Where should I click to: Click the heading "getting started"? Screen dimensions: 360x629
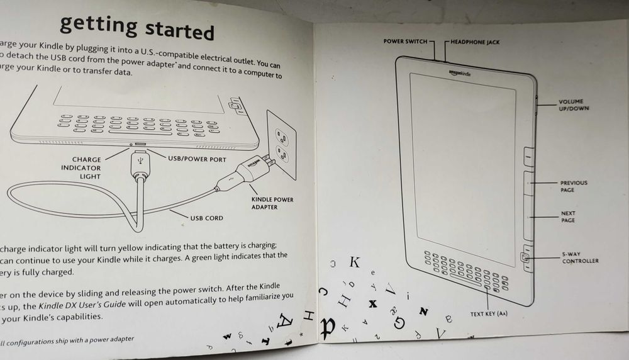[x=137, y=27]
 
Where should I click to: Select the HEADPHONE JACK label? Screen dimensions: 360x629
[x=476, y=42]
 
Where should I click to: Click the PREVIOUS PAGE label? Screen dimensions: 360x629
[x=573, y=186]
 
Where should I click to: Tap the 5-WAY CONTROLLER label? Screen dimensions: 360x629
[x=580, y=257]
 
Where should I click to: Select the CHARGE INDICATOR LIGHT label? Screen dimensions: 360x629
[x=81, y=168]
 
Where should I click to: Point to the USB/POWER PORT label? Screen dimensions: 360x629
[x=197, y=159]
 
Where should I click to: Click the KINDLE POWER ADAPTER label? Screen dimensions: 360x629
[x=272, y=203]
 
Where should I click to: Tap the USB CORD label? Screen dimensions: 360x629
[x=206, y=218]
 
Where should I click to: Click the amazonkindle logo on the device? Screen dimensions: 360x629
[x=460, y=73]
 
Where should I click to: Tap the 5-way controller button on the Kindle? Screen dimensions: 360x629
[x=523, y=257]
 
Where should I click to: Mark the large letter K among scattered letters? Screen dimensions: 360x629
[x=355, y=262]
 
